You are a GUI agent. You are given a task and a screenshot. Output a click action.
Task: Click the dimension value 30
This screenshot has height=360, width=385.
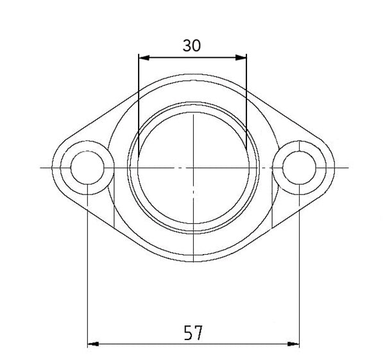coord(192,46)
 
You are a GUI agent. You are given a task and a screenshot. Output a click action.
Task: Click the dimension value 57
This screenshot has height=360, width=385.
coord(193,332)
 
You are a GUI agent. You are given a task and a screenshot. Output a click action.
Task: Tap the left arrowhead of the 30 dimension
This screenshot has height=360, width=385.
coord(143,58)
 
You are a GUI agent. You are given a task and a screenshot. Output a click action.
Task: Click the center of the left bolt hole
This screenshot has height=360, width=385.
coord(87,167)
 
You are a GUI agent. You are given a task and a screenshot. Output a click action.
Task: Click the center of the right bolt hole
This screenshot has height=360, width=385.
coord(299,167)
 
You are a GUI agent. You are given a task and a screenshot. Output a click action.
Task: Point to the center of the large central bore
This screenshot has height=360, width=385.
coord(193,167)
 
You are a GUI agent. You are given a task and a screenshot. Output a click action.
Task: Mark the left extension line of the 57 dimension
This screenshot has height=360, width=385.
coord(87,270)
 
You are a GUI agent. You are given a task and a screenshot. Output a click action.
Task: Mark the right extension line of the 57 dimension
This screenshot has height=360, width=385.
coord(299,270)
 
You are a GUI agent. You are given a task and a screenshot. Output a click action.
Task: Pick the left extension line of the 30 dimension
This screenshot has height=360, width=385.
coord(139,103)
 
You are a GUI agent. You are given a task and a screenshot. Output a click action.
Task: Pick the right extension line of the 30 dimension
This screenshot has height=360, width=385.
coord(246,103)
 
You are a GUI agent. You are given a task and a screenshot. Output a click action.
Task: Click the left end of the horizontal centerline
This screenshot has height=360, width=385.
coord(40,167)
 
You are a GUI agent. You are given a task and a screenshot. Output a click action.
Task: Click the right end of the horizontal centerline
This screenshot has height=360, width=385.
coord(346,167)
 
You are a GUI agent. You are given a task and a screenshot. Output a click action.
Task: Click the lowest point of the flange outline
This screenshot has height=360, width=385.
coord(193,261)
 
